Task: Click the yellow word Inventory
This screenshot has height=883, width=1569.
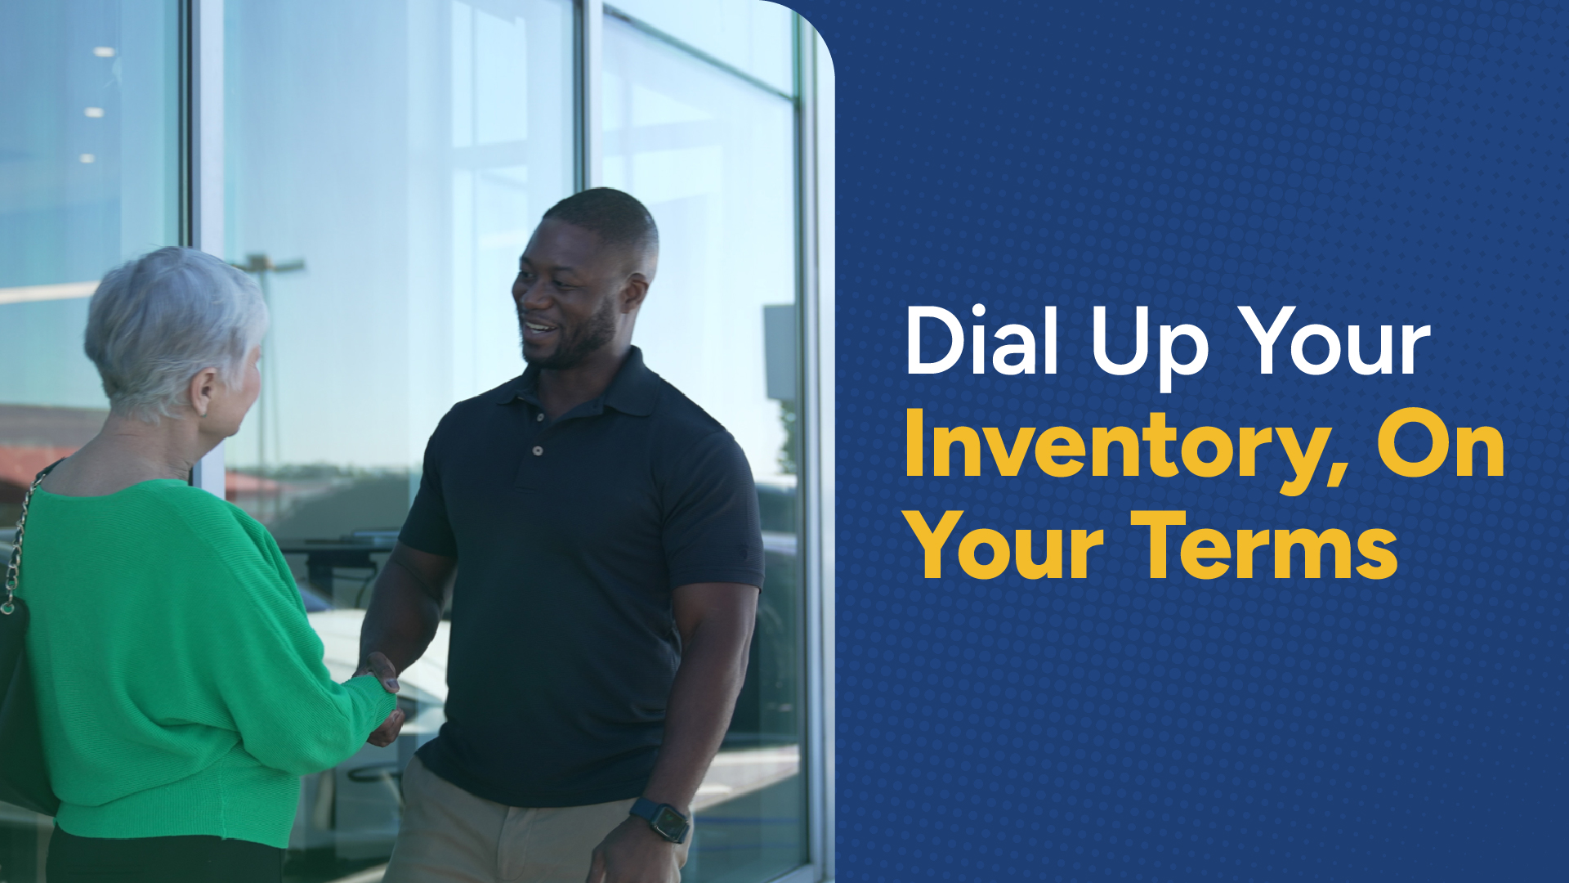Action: tap(1116, 446)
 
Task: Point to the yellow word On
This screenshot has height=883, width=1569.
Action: tap(1441, 444)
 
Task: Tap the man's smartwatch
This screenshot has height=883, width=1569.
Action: tap(660, 819)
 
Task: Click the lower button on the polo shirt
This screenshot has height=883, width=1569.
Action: tap(537, 450)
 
